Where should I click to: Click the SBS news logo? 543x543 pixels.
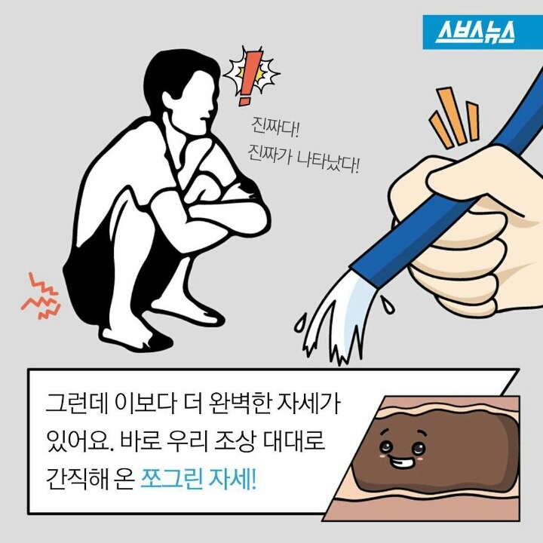pyautogui.click(x=476, y=32)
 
